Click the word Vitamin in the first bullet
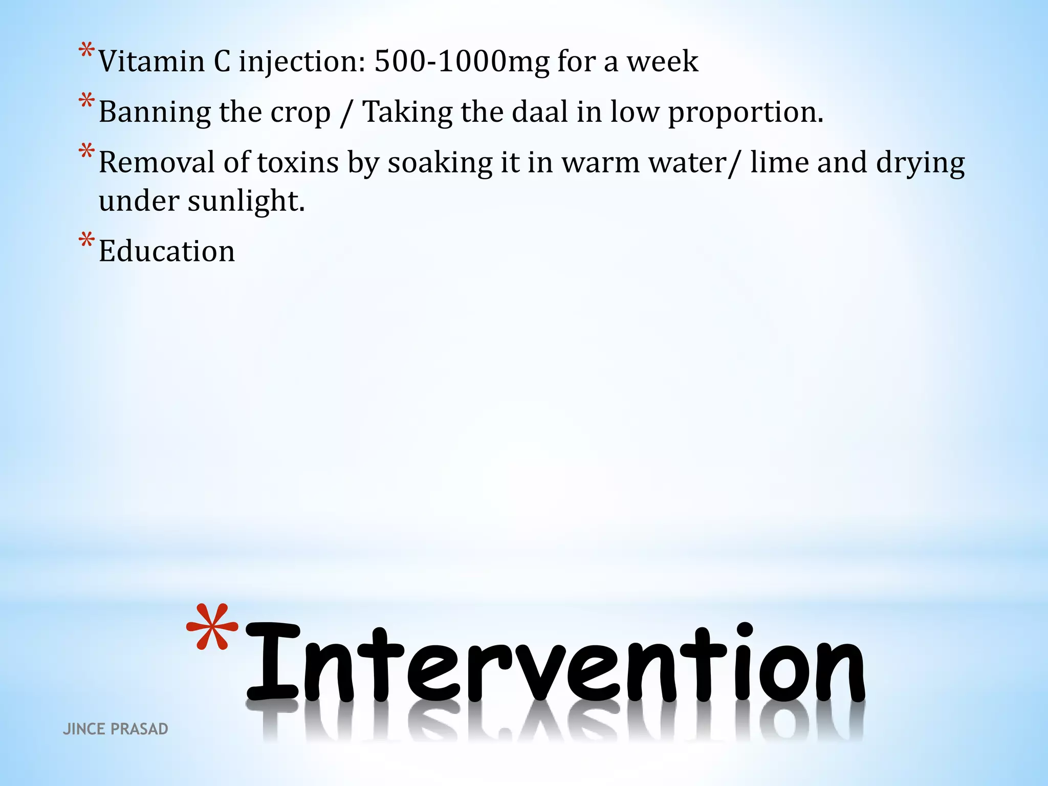[x=151, y=61]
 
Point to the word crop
[x=300, y=113]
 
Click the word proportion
[x=746, y=113]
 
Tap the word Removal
[x=157, y=163]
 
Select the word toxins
[x=298, y=163]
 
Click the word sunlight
[x=246, y=201]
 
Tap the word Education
[x=167, y=251]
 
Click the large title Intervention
[x=555, y=663]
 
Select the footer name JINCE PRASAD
[x=115, y=729]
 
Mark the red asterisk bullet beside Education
[x=86, y=240]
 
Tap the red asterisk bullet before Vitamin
[x=86, y=51]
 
